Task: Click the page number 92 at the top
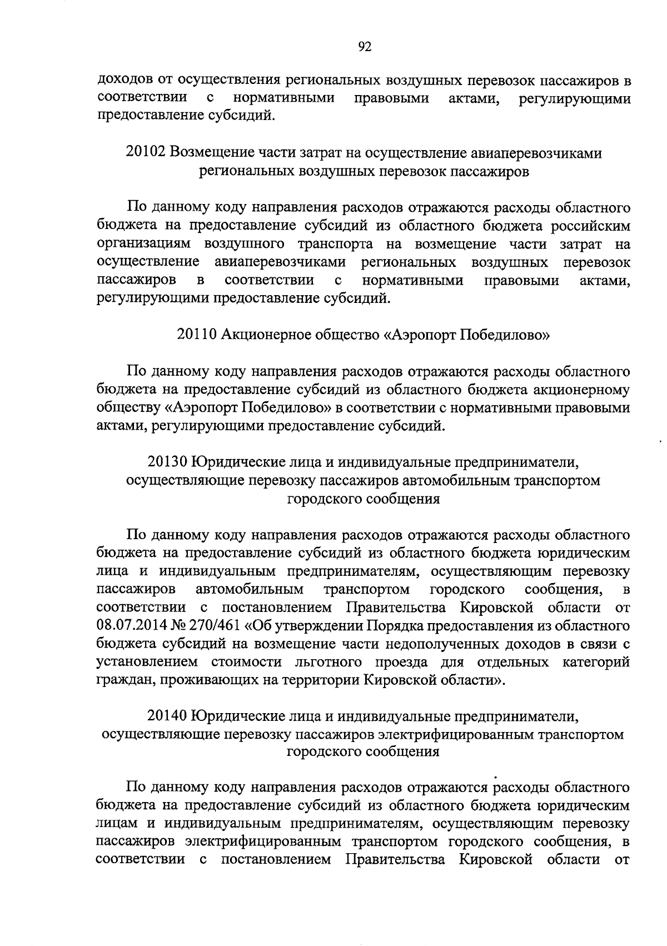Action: (x=365, y=47)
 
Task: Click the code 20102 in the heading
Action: (x=146, y=152)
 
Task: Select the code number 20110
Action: (x=197, y=335)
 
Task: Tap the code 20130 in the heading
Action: (x=168, y=462)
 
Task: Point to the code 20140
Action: (x=168, y=715)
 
